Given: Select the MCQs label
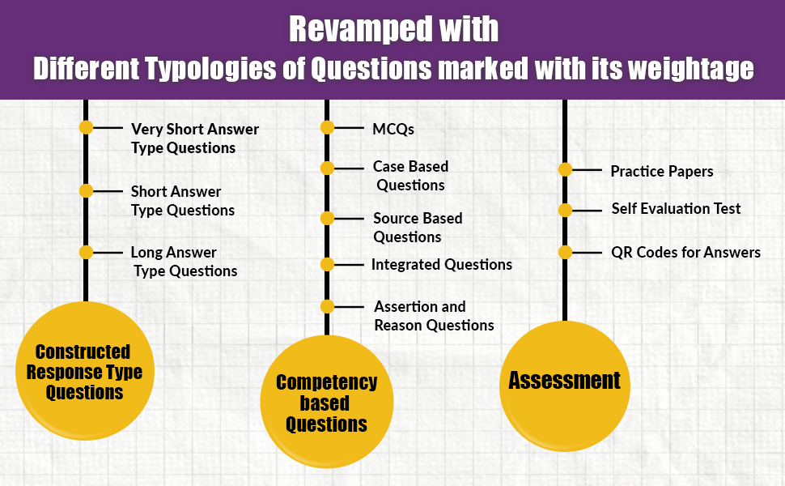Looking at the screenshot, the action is [393, 128].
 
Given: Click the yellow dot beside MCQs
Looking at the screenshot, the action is [327, 127].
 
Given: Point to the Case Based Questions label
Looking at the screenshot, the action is [410, 176].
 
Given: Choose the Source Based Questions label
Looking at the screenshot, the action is [418, 228].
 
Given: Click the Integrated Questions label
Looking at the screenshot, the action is [441, 264].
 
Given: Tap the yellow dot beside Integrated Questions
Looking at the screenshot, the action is [327, 264].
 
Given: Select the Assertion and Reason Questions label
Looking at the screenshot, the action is [434, 316].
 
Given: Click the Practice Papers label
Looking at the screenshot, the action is [661, 171].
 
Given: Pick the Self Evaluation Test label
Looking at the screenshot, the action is [676, 208].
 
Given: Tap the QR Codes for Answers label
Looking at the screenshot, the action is [685, 252].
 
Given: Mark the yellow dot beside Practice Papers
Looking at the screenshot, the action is [566, 169].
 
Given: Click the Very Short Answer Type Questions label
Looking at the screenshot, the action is [194, 138].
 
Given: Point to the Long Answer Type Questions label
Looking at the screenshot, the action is [185, 262].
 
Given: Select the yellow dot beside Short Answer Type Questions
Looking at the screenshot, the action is [87, 190].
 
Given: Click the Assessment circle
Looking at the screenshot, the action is [564, 381].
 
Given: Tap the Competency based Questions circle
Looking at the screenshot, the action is [327, 403].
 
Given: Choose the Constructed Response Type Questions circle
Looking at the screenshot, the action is [84, 372].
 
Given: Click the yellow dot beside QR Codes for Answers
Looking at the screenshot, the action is [566, 252].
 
